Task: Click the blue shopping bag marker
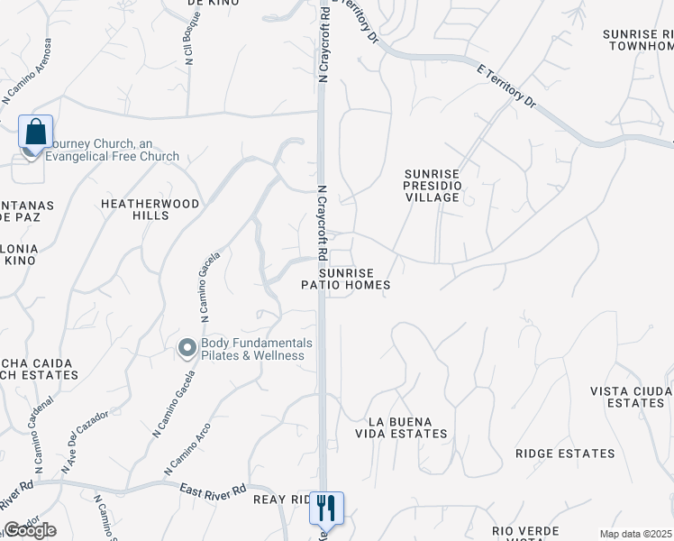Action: pos(35,132)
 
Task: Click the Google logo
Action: pos(30,530)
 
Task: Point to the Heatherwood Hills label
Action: pos(150,210)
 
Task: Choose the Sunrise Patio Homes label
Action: pos(346,278)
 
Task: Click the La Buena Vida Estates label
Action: pos(407,427)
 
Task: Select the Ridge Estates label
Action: pos(565,454)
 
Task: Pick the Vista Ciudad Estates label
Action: pos(632,397)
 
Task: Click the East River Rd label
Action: pos(213,490)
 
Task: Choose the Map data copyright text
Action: pos(636,534)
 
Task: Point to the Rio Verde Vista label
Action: pos(525,532)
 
